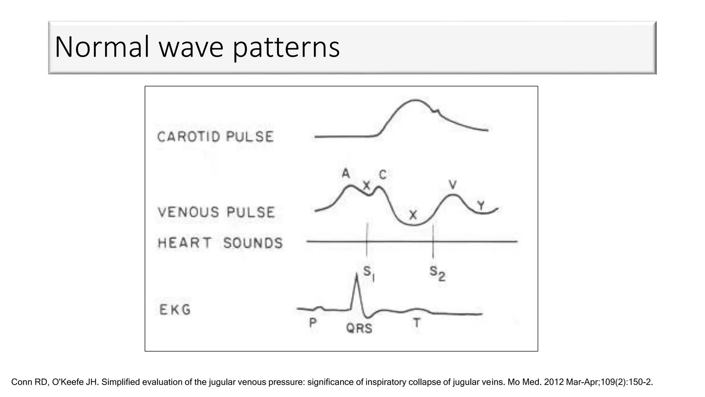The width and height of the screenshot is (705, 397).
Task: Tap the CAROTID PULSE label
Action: click(x=215, y=137)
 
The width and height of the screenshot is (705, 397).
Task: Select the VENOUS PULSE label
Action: click(x=217, y=212)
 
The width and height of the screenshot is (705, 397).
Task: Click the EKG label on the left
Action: click(x=175, y=310)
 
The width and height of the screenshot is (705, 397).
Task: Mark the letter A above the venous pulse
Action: click(x=346, y=173)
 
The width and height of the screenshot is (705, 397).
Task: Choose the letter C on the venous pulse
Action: click(x=383, y=175)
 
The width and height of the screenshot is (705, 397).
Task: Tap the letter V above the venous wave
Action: click(x=453, y=185)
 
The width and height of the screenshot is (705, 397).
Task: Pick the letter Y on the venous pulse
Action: click(x=481, y=206)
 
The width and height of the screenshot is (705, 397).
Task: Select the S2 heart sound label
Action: click(x=437, y=274)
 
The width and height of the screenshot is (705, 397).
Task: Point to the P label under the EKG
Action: click(x=313, y=323)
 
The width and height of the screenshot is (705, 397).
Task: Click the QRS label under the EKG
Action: click(x=359, y=328)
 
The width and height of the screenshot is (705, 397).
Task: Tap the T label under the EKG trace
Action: click(x=417, y=323)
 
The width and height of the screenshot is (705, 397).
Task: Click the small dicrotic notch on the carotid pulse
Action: click(x=436, y=111)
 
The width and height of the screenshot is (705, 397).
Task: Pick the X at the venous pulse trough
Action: click(x=413, y=215)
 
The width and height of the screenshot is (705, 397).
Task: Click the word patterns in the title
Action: click(x=286, y=47)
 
